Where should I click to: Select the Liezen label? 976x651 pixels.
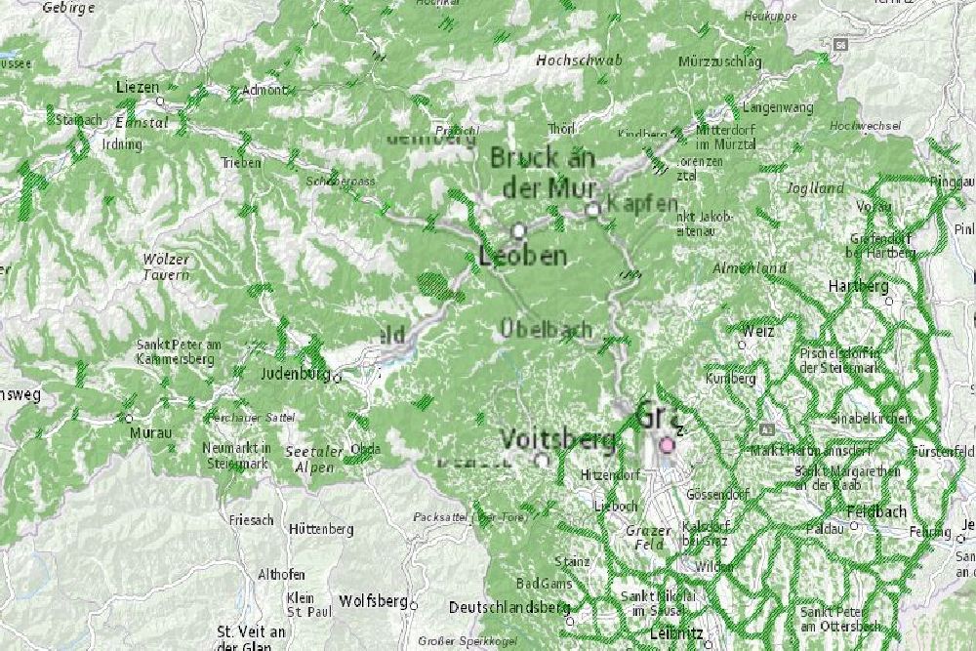click(x=137, y=87)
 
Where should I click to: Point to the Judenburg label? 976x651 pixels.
click(x=295, y=373)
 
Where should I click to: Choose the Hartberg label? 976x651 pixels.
click(x=858, y=286)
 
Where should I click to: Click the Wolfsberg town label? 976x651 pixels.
click(x=372, y=601)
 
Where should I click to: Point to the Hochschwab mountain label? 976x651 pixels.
click(x=579, y=61)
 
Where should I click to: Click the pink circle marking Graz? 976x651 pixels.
click(x=668, y=445)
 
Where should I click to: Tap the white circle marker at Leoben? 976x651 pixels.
click(x=519, y=230)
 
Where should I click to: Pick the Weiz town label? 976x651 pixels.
click(x=756, y=332)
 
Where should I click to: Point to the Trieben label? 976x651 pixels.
click(x=241, y=163)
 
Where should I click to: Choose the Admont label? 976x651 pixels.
click(x=264, y=91)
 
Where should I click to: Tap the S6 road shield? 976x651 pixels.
click(x=840, y=45)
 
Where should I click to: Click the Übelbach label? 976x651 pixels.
click(x=545, y=330)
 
